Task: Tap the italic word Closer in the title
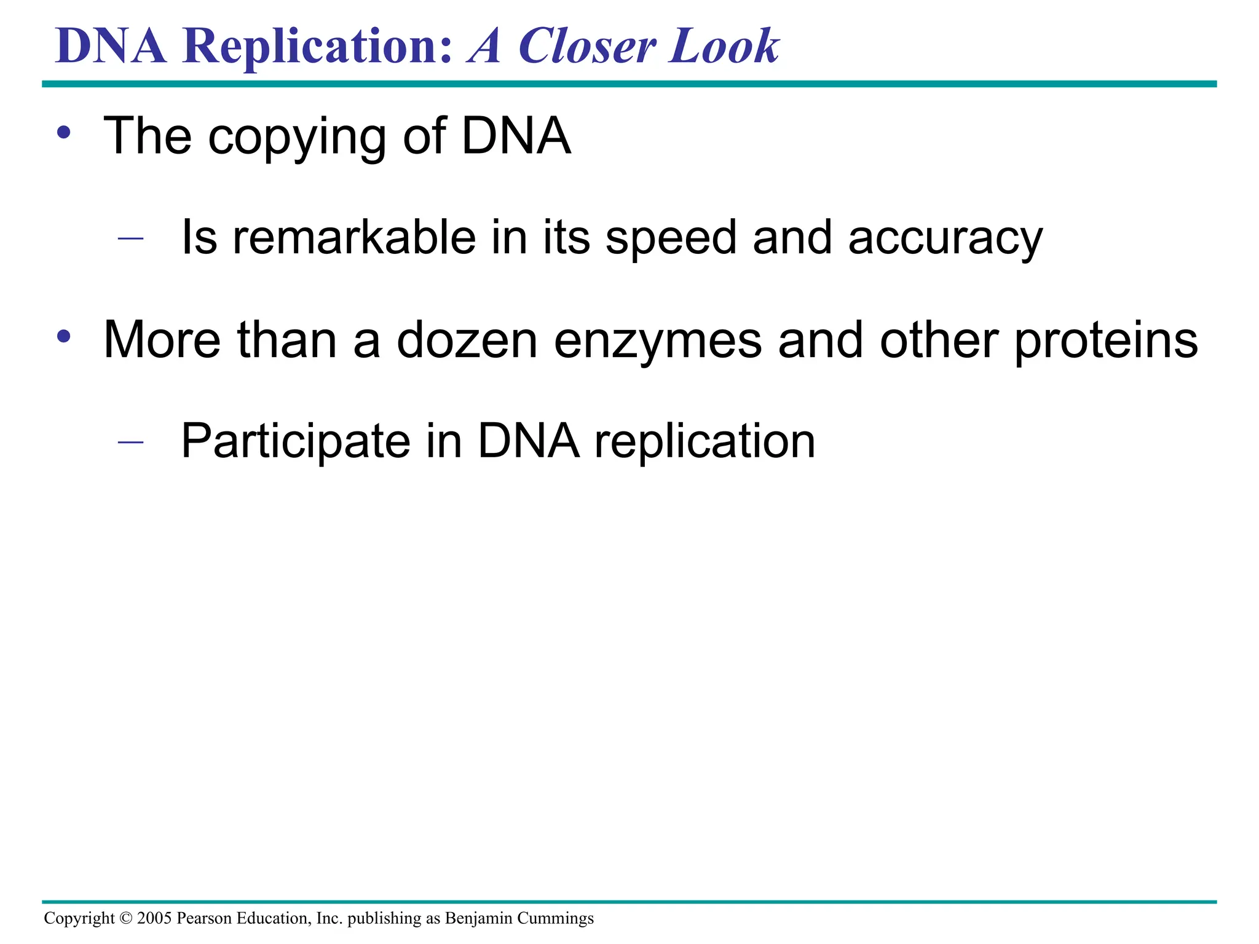(586, 47)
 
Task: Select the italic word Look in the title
(724, 47)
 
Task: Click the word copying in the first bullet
(297, 137)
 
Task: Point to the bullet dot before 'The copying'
(64, 133)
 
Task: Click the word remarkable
(353, 238)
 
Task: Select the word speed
(671, 239)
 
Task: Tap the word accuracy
(945, 239)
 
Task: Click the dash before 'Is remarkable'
(130, 238)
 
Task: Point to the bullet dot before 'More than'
(64, 336)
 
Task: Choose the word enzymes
(658, 342)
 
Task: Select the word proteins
(1105, 342)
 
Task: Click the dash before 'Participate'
(130, 442)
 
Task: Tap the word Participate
(296, 442)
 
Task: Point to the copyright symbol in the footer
(125, 918)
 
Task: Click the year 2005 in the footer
(154, 918)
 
